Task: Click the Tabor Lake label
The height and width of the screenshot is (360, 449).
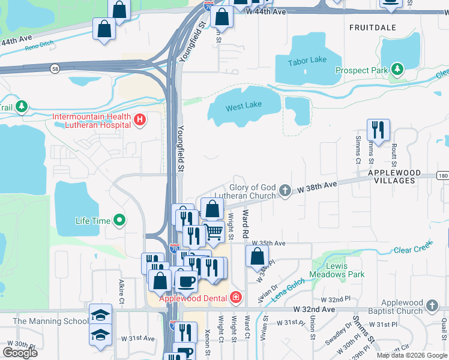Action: click(x=307, y=61)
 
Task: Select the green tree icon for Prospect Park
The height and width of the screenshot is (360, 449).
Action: click(x=396, y=70)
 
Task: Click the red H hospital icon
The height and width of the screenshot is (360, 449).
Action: click(x=140, y=120)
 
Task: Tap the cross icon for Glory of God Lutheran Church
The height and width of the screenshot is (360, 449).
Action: click(x=285, y=191)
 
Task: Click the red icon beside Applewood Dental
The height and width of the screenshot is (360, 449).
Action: click(x=236, y=298)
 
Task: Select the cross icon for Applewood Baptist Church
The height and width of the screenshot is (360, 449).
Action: click(x=432, y=307)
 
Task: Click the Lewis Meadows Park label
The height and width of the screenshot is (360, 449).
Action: click(x=337, y=270)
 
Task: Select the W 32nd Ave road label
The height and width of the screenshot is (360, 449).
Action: click(x=314, y=309)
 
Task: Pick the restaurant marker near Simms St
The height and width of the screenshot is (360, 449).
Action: click(x=378, y=130)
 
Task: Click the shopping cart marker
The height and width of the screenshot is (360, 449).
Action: click(x=214, y=232)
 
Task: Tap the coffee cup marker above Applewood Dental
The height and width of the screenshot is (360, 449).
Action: click(x=187, y=280)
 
